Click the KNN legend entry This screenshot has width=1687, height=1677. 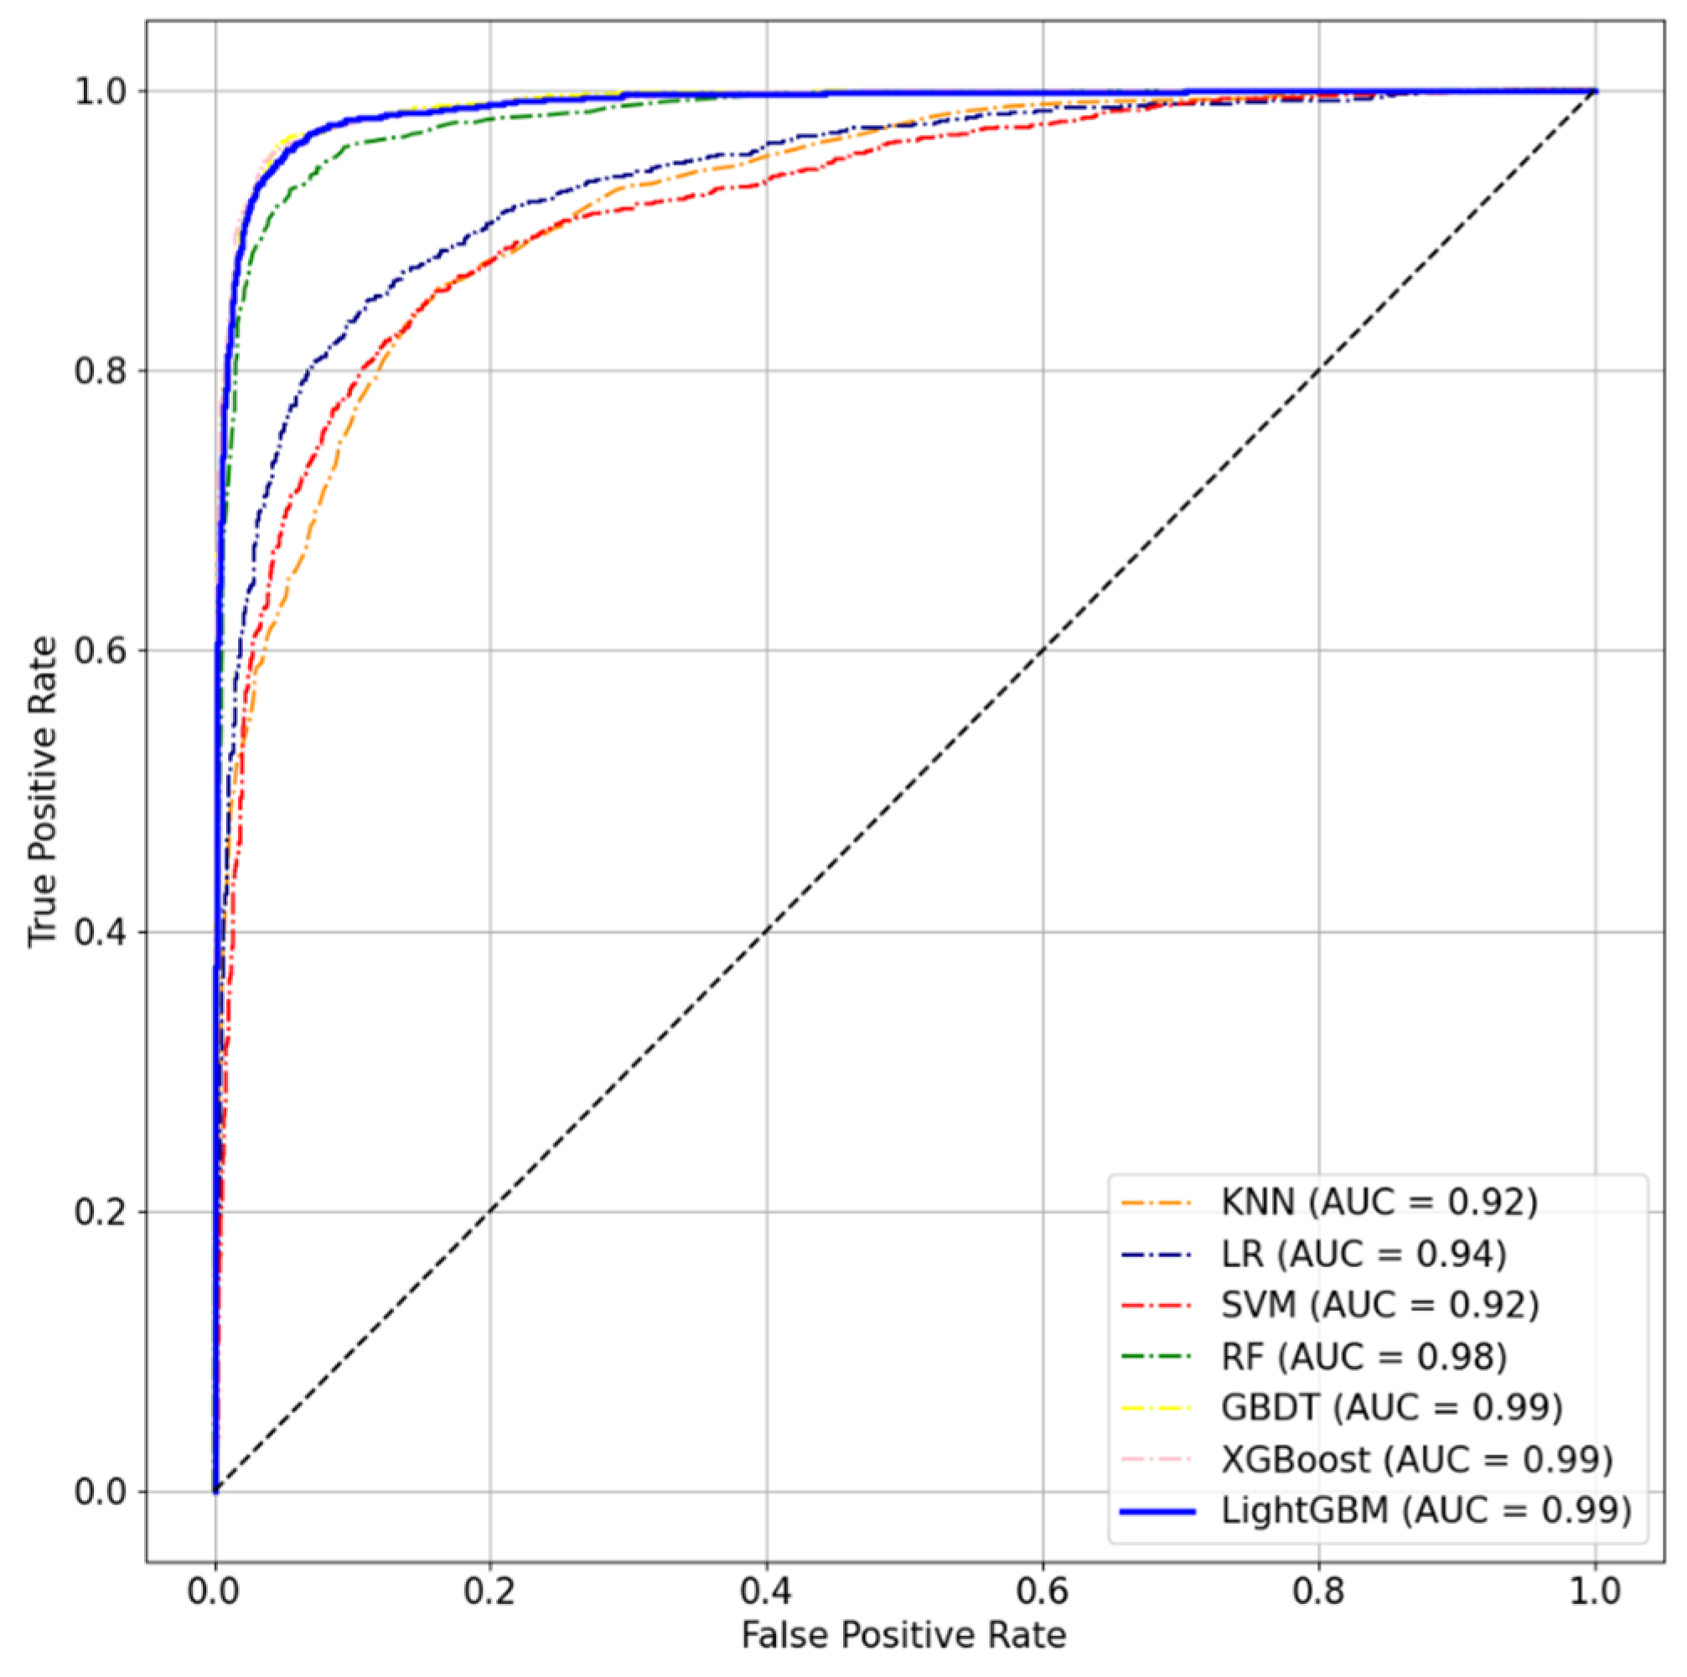[1379, 1203]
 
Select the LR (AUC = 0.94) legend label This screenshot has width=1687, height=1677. [1363, 1255]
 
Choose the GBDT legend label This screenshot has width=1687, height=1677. [1391, 1407]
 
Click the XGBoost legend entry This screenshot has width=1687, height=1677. [1416, 1458]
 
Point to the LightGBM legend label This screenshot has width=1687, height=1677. [1426, 1510]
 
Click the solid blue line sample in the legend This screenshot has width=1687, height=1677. [1157, 1511]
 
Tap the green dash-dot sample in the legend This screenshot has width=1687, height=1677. [1157, 1357]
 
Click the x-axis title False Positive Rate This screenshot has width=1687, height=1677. [903, 1635]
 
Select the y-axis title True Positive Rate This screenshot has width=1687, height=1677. [42, 791]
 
